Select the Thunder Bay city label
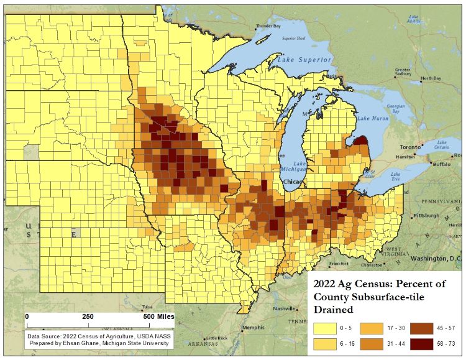[268, 27]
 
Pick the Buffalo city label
[442, 164]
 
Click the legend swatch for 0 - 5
[326, 328]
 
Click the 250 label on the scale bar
[88, 316]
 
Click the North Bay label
[431, 78]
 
